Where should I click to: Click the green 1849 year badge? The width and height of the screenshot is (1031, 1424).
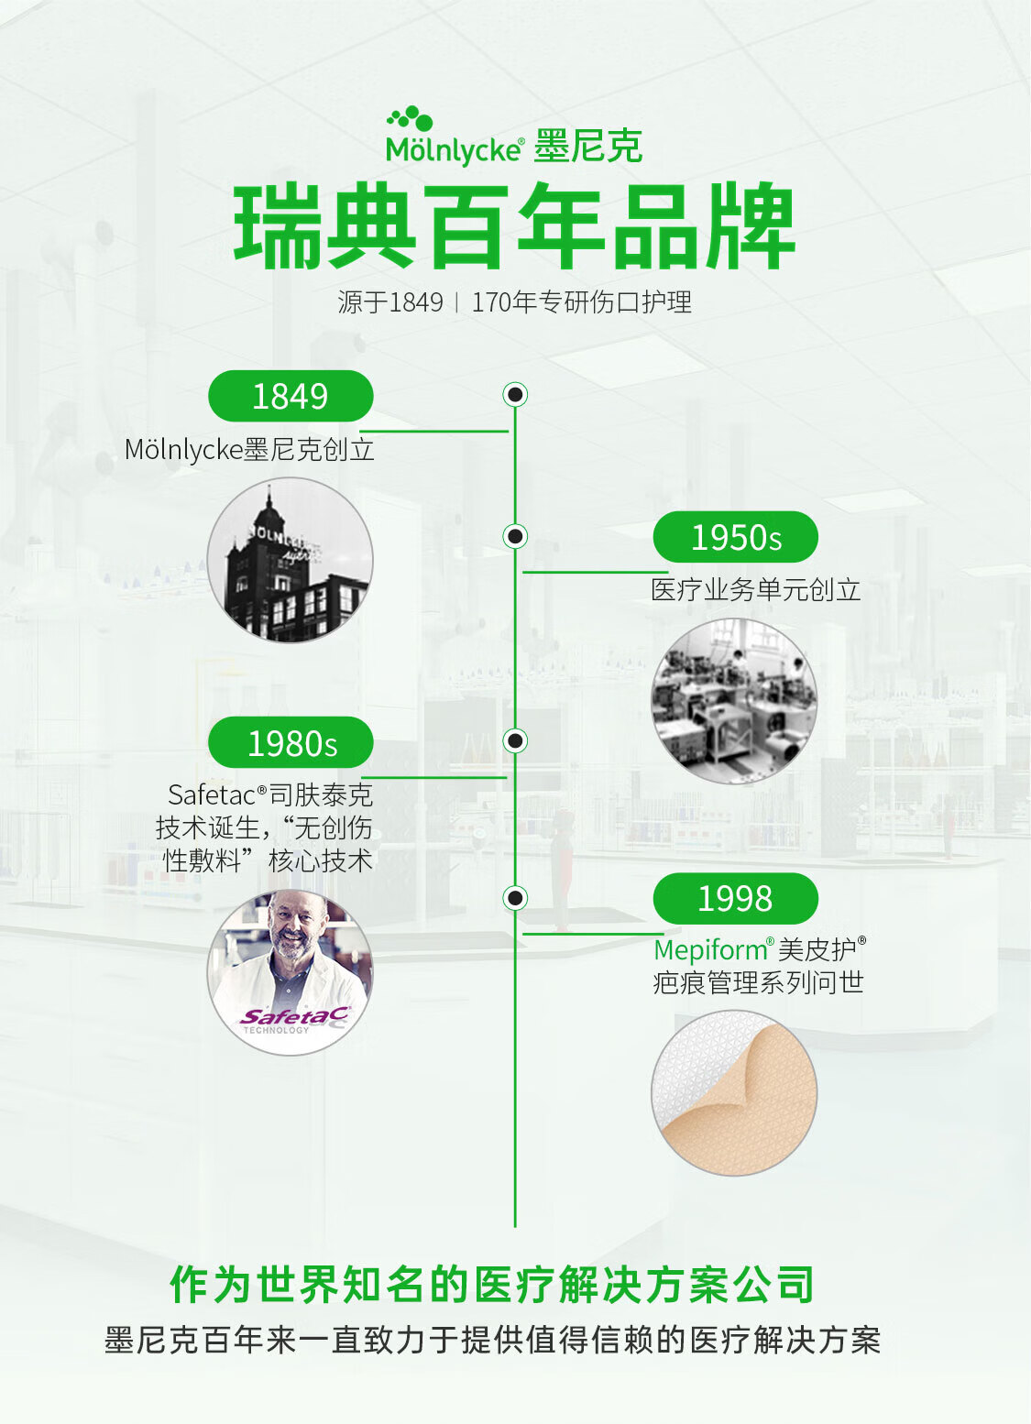[291, 396]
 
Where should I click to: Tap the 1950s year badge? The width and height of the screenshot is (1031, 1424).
[735, 537]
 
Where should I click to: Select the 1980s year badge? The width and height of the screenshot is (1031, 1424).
[291, 742]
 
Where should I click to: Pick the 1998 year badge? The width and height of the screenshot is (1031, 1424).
[735, 898]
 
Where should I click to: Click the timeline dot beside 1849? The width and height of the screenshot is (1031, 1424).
[515, 395]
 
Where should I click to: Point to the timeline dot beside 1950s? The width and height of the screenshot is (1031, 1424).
[515, 537]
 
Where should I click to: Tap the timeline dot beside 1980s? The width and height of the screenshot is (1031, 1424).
[515, 740]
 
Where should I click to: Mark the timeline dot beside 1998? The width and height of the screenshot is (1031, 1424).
[515, 898]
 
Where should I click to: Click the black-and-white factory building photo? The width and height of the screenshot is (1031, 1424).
[290, 560]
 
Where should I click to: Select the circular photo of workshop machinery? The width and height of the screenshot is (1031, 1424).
[734, 701]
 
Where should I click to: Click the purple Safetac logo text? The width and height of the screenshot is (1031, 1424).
[294, 1016]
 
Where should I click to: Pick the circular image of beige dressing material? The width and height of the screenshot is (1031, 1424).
[734, 1093]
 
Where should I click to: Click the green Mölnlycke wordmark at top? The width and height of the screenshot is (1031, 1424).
[455, 150]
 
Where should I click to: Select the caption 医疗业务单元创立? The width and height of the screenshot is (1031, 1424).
[756, 590]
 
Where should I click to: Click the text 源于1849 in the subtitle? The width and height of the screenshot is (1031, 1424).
[390, 302]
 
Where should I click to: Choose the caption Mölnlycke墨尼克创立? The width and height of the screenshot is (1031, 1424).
[249, 449]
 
